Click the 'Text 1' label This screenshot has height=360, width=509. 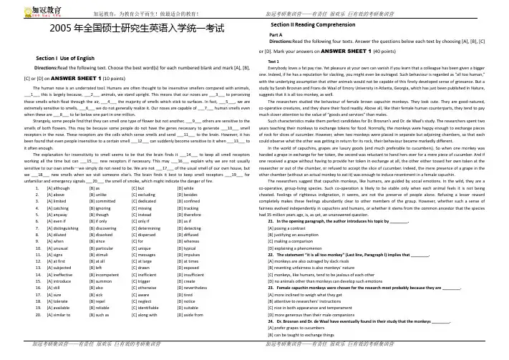(x=273, y=62)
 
